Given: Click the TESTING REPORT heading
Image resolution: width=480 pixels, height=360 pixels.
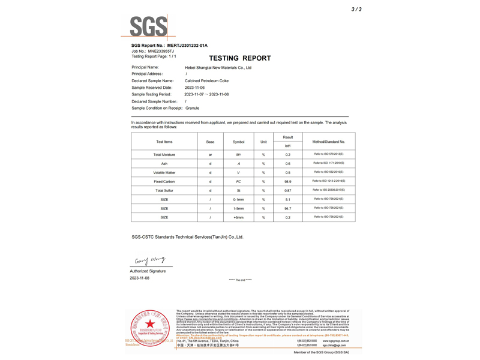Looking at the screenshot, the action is [x=240, y=58].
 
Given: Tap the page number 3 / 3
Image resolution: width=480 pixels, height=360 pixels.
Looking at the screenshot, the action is [x=356, y=10].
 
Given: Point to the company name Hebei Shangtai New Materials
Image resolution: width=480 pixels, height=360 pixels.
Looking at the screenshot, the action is [x=218, y=68].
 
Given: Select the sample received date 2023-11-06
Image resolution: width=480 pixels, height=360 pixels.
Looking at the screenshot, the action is [x=194, y=88].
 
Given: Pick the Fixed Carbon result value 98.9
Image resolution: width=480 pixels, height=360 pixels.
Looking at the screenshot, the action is [x=288, y=181].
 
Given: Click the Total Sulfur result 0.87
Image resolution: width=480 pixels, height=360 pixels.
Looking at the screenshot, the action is [x=288, y=190].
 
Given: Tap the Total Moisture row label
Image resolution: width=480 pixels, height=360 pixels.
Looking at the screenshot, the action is [x=164, y=155].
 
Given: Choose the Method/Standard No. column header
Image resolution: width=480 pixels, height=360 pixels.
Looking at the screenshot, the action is [x=329, y=142].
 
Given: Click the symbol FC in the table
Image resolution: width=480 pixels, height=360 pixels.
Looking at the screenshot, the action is [x=238, y=181].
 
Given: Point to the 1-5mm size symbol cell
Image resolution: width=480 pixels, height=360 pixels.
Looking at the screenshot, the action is [x=238, y=208].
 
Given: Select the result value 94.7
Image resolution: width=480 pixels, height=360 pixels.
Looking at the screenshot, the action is [x=288, y=208].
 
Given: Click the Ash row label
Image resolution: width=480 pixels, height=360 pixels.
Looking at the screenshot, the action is [x=164, y=164].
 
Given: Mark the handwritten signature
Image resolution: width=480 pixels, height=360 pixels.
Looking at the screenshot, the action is [x=149, y=260].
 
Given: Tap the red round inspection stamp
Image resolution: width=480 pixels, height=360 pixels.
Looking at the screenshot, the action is [x=149, y=328].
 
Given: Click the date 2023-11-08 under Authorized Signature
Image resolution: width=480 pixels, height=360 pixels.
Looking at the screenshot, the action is [x=140, y=278].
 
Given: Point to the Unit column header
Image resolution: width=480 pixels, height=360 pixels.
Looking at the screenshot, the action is [x=263, y=142].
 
